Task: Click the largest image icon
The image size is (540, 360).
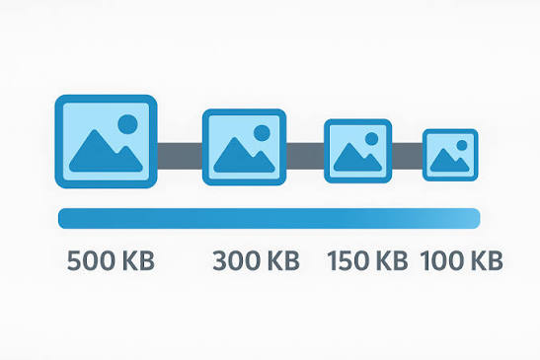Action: [106, 141]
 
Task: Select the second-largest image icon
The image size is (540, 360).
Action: [244, 147]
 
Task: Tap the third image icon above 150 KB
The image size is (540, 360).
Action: [357, 151]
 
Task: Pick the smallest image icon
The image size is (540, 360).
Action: [450, 155]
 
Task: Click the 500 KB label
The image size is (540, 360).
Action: [111, 261]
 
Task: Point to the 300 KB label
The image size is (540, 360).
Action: [257, 261]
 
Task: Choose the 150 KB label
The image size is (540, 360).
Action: [367, 261]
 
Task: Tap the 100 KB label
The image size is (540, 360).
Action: [461, 261]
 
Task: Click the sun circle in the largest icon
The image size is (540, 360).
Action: [127, 124]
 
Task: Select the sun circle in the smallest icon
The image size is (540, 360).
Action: [462, 145]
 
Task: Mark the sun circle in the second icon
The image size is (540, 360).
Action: [262, 133]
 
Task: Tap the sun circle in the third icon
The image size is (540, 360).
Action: [371, 139]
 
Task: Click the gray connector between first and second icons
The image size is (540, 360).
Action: [180, 156]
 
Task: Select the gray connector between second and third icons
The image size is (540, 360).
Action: [305, 156]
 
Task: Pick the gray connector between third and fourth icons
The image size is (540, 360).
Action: [407, 156]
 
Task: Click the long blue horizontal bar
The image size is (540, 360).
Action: [270, 218]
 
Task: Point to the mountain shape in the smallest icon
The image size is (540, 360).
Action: [449, 160]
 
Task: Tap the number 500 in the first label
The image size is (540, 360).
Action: [91, 261]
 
